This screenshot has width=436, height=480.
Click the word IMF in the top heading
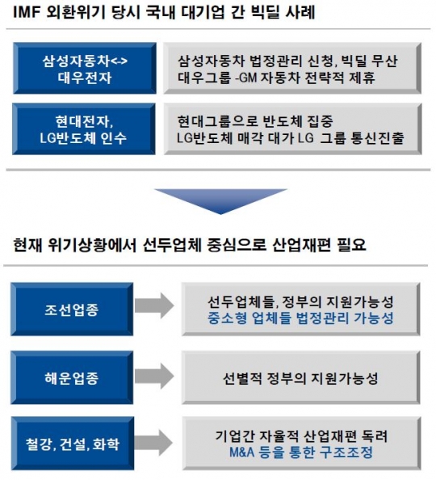point(27,13)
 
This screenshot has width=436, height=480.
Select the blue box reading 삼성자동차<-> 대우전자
point(85,68)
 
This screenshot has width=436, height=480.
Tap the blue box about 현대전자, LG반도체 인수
point(84,128)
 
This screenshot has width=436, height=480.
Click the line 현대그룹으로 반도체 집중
point(255,121)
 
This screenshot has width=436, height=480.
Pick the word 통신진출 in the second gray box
point(377,138)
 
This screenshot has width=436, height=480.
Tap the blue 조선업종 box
point(72,309)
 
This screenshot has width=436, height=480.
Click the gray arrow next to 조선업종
point(154,305)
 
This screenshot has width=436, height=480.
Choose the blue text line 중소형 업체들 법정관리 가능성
point(300,318)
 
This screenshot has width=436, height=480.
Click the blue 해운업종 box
point(72,377)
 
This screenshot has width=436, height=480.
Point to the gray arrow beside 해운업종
point(154,377)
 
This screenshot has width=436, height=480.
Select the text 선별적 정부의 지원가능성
point(300,378)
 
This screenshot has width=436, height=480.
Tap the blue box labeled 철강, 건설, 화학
point(73,444)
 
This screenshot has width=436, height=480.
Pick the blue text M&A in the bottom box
point(241,453)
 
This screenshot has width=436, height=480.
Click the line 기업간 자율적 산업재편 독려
point(301,436)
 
